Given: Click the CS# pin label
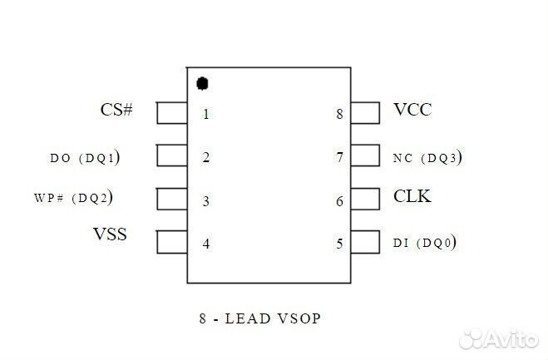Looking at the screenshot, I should pyautogui.click(x=116, y=110).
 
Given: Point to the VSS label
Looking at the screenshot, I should pyautogui.click(x=110, y=234).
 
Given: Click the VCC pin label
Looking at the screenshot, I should pyautogui.click(x=412, y=110).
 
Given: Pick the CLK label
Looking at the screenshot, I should pyautogui.click(x=412, y=197).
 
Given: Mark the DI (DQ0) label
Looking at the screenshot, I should pyautogui.click(x=424, y=243).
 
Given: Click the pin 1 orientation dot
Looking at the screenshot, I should pyautogui.click(x=201, y=83).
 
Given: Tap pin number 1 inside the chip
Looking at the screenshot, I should pyautogui.click(x=205, y=114).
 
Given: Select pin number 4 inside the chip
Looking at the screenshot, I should pyautogui.click(x=205, y=244).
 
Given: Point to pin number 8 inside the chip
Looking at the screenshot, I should pyautogui.click(x=339, y=114).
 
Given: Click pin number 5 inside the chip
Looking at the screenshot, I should pyautogui.click(x=339, y=244).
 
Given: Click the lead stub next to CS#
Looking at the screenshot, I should pyautogui.click(x=171, y=112).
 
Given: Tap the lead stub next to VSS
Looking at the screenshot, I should pyautogui.click(x=171, y=242).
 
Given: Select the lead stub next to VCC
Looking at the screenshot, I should pyautogui.click(x=365, y=112).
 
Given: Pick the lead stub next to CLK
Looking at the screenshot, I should pyautogui.click(x=365, y=199).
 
